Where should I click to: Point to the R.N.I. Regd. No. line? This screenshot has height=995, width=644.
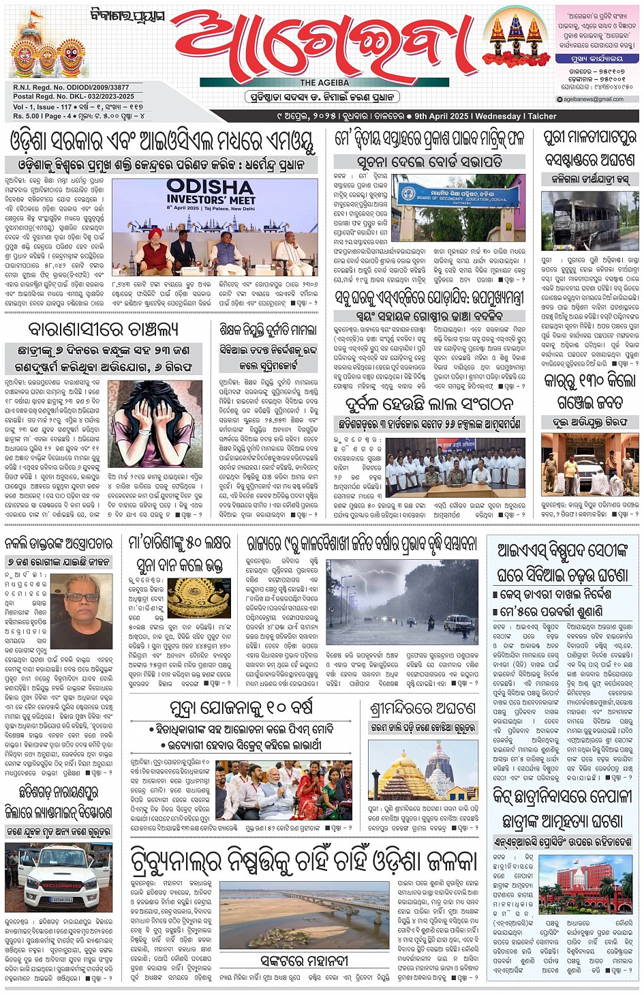tap(71, 87)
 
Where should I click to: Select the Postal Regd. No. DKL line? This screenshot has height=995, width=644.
tap(74, 96)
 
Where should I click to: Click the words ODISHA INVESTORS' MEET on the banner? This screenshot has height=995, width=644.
tap(211, 192)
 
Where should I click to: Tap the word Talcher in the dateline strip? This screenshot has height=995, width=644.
tap(542, 116)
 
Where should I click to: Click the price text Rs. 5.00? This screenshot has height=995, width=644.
tap(26, 116)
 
